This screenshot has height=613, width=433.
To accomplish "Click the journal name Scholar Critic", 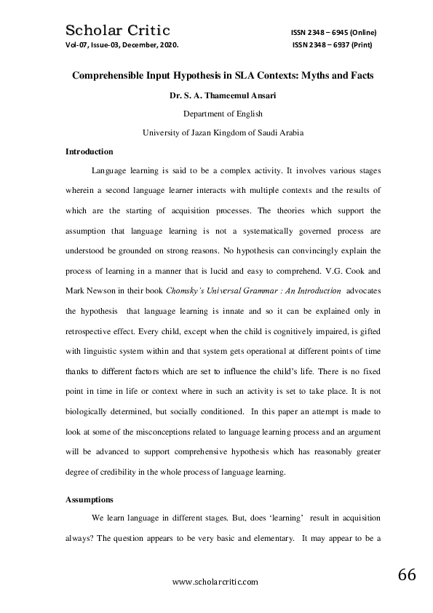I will [118, 30].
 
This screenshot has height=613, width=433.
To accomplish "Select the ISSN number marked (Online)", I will [333, 33].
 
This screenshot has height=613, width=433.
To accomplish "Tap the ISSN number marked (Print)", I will [335, 44].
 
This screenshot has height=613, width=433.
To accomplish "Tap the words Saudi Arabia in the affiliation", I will [280, 133].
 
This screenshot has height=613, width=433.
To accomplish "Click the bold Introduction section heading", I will [89, 152].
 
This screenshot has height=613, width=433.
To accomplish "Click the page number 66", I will [407, 574].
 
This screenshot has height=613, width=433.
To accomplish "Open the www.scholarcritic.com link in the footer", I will [215, 582].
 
